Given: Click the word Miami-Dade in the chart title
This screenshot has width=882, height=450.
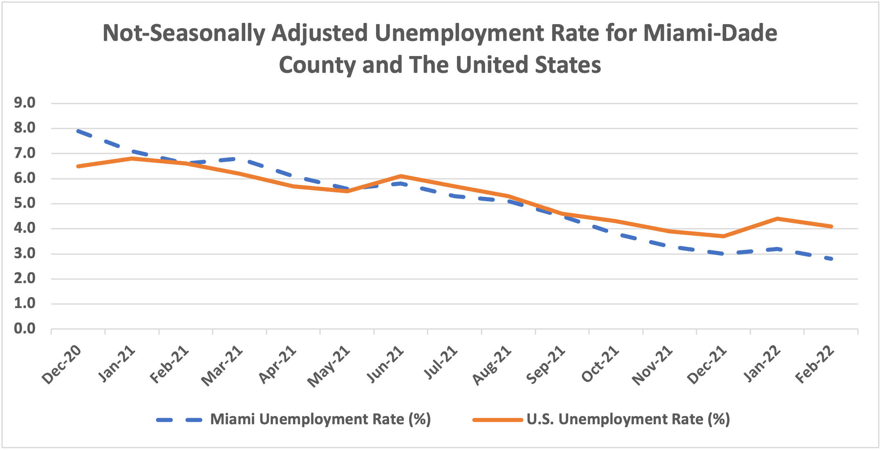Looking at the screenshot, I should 710,34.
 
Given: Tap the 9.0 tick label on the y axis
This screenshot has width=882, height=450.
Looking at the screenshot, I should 25,103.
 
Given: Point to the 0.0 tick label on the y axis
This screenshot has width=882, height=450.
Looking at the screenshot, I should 25,328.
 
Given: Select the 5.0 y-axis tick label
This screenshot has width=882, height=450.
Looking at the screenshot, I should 25,203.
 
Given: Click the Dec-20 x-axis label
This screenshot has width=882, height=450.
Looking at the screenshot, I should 62,365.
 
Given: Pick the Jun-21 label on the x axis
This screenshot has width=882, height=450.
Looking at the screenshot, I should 385,365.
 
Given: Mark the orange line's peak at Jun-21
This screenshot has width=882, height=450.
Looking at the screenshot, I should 401,176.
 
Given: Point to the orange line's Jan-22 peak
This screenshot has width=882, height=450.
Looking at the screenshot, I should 777,218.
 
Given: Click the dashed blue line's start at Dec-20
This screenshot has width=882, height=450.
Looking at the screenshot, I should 78,131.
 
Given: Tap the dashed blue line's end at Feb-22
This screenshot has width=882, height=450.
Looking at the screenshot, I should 831,259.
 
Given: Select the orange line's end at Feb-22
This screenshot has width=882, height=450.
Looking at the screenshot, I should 831,226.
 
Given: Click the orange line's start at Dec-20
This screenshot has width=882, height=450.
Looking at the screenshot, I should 78,166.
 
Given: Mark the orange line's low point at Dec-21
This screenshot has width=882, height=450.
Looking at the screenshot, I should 723,236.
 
